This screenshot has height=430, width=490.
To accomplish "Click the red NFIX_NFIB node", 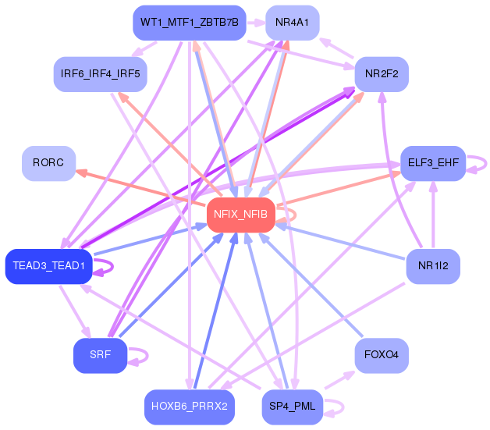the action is pyautogui.click(x=241, y=215).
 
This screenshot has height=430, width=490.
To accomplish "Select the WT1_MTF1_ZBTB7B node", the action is pyautogui.click(x=190, y=23).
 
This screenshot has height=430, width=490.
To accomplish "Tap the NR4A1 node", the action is pyautogui.click(x=292, y=23).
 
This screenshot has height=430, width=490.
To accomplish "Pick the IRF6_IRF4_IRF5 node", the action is pyautogui.click(x=101, y=74).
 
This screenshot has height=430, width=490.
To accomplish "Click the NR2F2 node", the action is pyautogui.click(x=382, y=74).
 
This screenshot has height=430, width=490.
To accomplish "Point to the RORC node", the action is pyautogui.click(x=48, y=163).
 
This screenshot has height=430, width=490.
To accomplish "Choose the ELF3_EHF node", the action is pyautogui.click(x=433, y=163).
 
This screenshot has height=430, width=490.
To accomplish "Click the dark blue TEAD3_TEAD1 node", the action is pyautogui.click(x=48, y=266).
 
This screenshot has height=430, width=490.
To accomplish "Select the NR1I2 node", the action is pyautogui.click(x=433, y=266).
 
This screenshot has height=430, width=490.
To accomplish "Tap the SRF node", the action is pyautogui.click(x=101, y=355).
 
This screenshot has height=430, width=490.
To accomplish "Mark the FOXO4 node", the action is pyautogui.click(x=382, y=355).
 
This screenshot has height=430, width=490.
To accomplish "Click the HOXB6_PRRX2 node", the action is pyautogui.click(x=190, y=407).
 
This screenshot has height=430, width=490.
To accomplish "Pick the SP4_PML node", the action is pyautogui.click(x=292, y=407).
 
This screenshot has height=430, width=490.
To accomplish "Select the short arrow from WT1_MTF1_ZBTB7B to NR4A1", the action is pyautogui.click(x=256, y=23).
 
